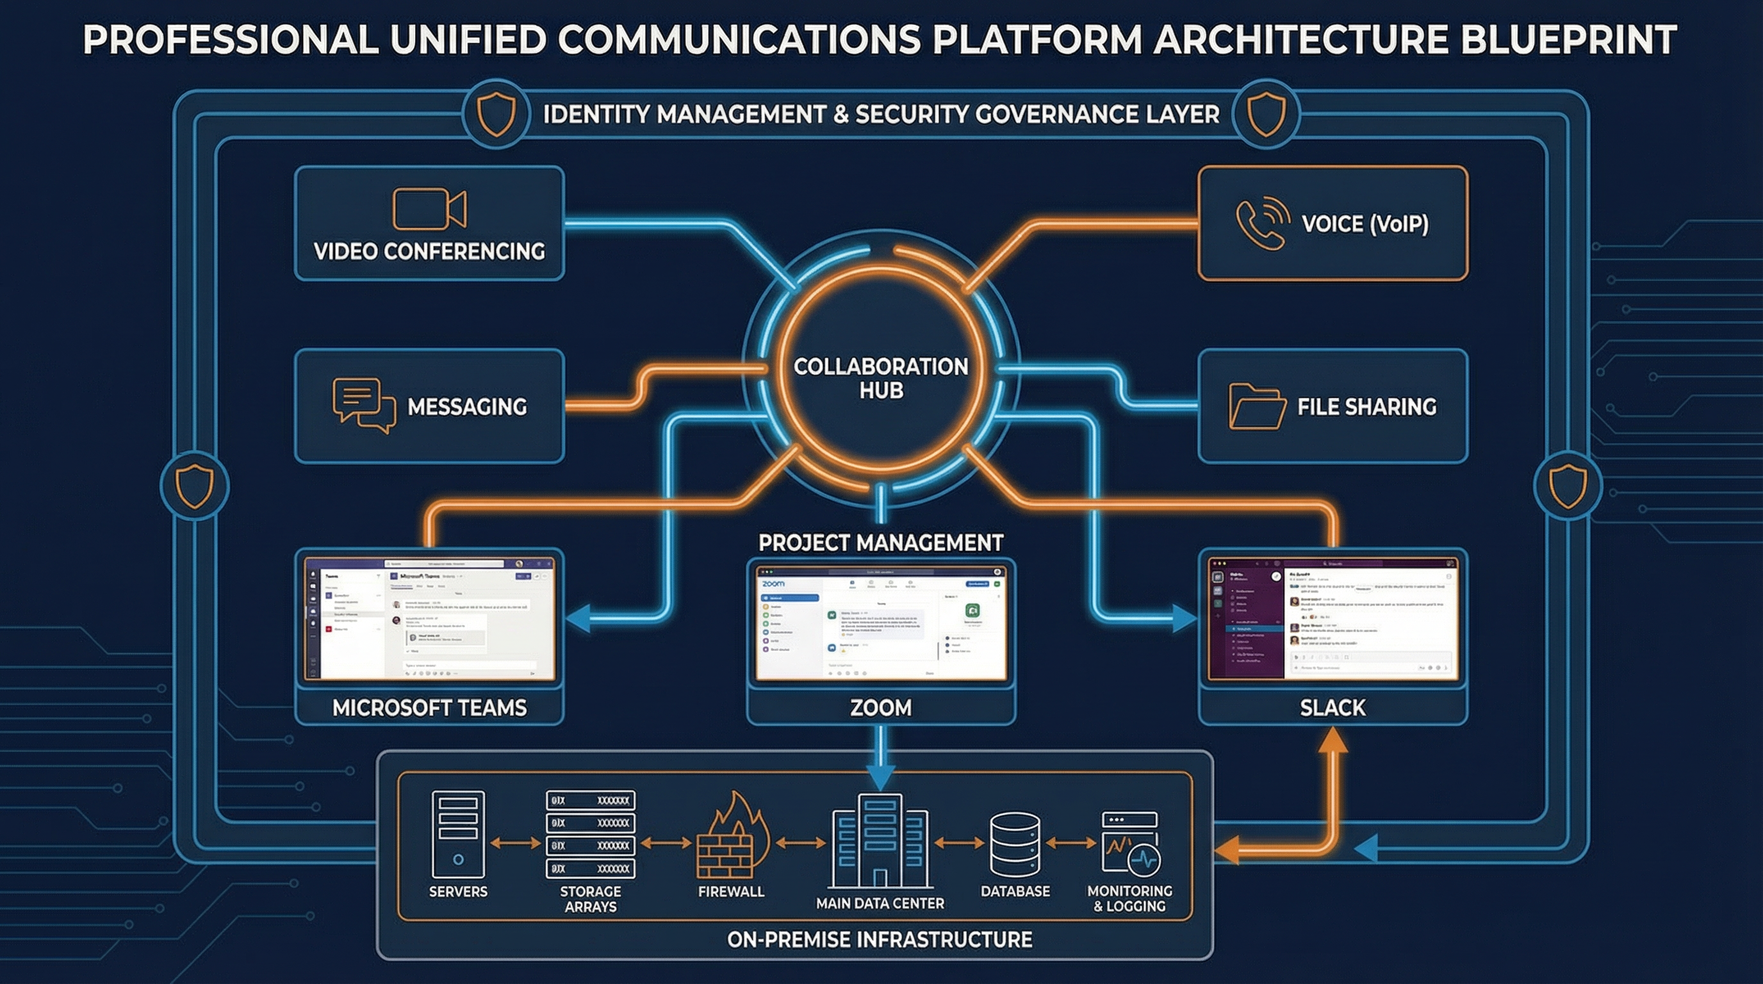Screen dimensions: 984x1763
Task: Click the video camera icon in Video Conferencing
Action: tap(429, 209)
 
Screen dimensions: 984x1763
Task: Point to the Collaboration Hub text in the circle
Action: tap(881, 379)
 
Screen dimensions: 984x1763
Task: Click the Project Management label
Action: tap(881, 543)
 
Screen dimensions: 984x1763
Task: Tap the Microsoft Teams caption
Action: tap(429, 707)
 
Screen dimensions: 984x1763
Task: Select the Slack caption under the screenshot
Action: tap(1332, 707)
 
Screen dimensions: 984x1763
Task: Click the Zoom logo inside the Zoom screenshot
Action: tap(773, 584)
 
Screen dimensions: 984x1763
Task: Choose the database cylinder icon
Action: tap(1015, 844)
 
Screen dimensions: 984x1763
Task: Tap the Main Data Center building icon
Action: tap(880, 842)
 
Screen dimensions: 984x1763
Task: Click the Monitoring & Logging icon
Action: tap(1130, 844)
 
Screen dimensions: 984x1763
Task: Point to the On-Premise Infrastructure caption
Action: tap(880, 940)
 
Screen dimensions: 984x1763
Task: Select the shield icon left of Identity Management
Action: tap(495, 114)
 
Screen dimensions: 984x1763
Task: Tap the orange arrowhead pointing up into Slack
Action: tap(1332, 741)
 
